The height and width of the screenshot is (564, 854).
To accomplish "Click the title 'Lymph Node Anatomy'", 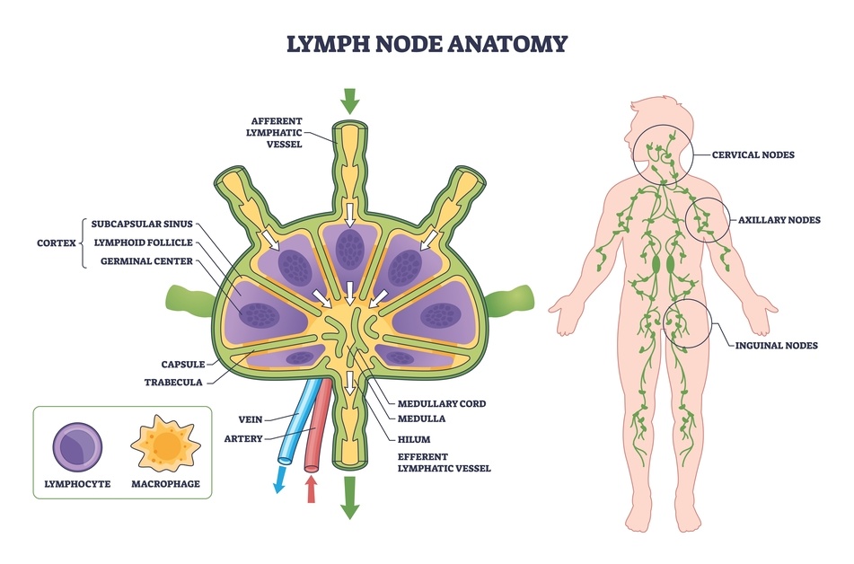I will pos(427,43).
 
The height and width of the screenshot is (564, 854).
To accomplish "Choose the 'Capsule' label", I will pos(183,365).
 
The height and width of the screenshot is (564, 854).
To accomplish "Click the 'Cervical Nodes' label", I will pos(753,154).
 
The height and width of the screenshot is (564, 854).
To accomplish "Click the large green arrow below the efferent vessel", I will pos(349,507).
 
